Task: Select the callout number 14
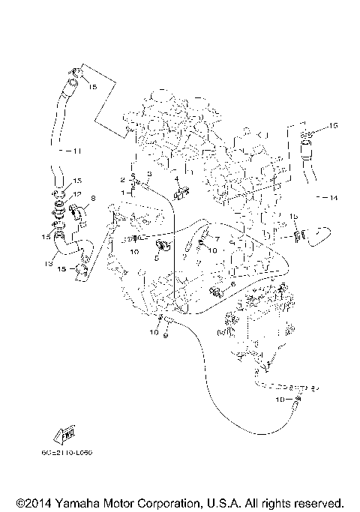[x=333, y=197]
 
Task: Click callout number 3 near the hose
[x=148, y=173]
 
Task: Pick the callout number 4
[x=175, y=180]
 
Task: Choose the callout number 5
[x=157, y=256]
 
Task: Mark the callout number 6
[x=233, y=284]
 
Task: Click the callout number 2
[x=121, y=180]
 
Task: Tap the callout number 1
[x=121, y=193]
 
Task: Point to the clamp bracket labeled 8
[x=79, y=211]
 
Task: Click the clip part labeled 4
[x=181, y=195]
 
